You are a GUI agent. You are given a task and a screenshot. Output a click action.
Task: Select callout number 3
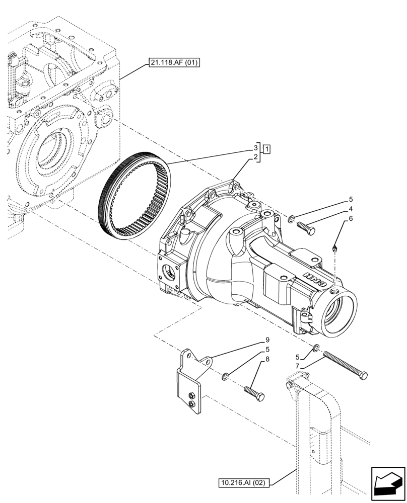point(256,148)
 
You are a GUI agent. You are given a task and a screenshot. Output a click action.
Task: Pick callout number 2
point(256,157)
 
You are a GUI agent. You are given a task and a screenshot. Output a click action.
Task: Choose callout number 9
point(267,340)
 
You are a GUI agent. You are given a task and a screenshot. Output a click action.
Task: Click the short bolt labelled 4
point(305,227)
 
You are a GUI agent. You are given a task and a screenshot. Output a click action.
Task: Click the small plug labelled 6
point(335,247)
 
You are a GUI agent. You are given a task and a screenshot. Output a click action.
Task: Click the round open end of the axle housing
point(337,314)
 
